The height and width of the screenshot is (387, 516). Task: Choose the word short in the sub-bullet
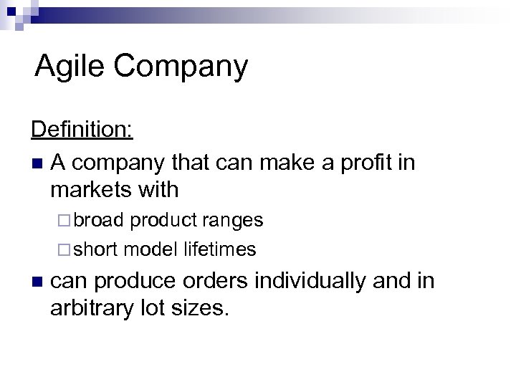pos(97,249)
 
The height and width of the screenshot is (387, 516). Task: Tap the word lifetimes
pos(220,249)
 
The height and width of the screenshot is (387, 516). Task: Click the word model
pos(150,249)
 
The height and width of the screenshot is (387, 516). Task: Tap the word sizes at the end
pos(209,308)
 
